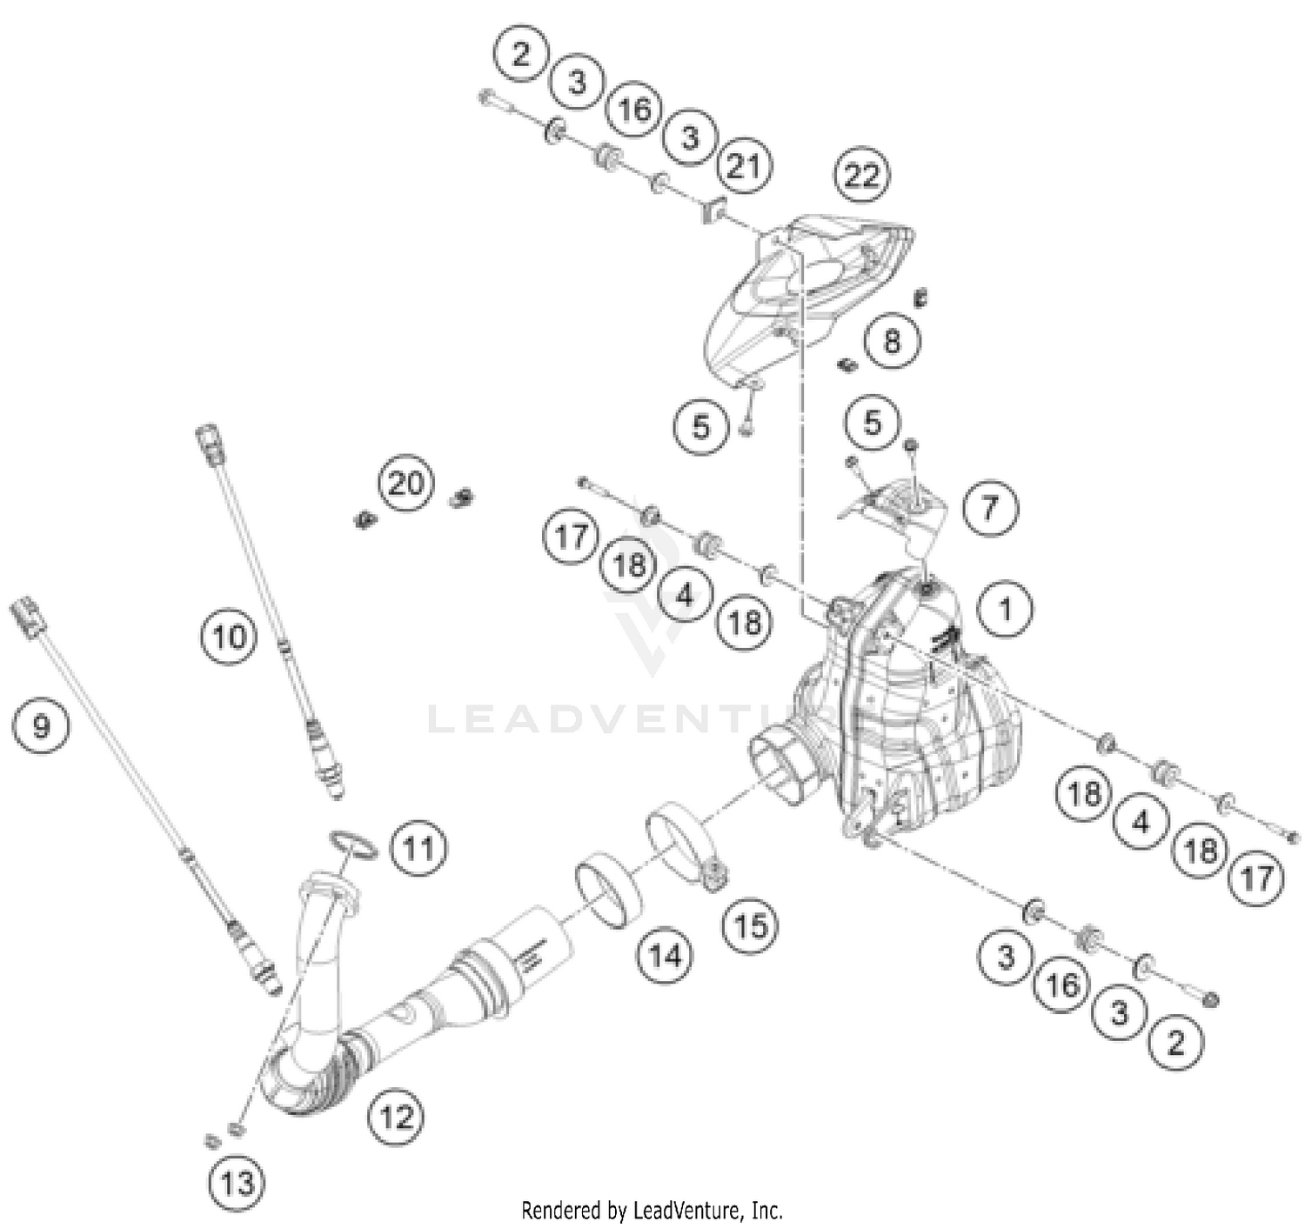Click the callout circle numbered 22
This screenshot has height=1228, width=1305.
click(x=861, y=176)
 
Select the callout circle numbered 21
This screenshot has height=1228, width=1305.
click(x=744, y=165)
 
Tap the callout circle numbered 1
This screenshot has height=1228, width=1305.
click(x=1005, y=610)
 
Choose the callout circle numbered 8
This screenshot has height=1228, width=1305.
click(x=891, y=340)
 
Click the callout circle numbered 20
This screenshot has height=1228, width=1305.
click(x=406, y=483)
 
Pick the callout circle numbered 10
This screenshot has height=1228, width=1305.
click(x=230, y=637)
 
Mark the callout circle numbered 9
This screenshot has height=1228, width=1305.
click(x=42, y=724)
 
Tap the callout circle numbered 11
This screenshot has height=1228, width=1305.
click(x=418, y=848)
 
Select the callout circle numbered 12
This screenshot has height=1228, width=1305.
click(x=397, y=1116)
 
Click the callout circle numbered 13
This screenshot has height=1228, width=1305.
click(x=237, y=1182)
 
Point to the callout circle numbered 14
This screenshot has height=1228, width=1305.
click(x=666, y=957)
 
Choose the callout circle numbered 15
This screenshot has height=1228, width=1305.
click(x=750, y=926)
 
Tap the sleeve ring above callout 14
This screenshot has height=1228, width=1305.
click(x=609, y=890)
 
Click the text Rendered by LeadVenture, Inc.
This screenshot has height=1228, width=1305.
click(x=652, y=1210)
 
